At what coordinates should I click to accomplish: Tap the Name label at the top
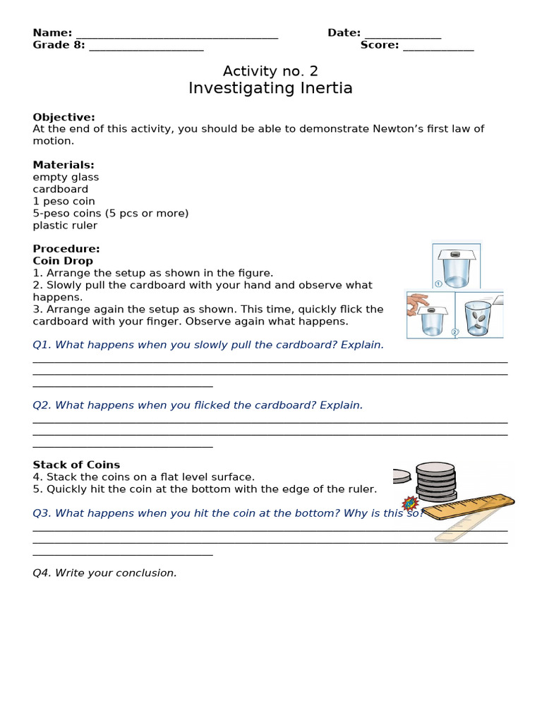[x=52, y=33]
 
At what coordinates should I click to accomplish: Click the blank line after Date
[x=402, y=35]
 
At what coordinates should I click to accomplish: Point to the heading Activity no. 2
[x=270, y=71]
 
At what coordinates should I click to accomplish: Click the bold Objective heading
[x=64, y=117]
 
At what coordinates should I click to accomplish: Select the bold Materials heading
[x=63, y=165]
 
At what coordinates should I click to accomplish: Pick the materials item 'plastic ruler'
[x=65, y=226]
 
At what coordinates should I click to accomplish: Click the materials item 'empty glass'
[x=66, y=177]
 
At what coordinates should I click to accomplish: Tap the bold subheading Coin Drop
[x=63, y=261]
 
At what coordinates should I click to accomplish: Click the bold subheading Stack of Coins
[x=76, y=465]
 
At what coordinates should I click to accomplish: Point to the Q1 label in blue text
[x=42, y=345]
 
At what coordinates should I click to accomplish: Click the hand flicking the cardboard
[x=417, y=303]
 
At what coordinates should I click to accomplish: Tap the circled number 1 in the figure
[x=438, y=283]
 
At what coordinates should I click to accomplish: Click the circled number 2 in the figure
[x=455, y=331]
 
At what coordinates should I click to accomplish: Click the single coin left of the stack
[x=402, y=476]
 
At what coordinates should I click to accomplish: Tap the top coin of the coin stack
[x=435, y=468]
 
